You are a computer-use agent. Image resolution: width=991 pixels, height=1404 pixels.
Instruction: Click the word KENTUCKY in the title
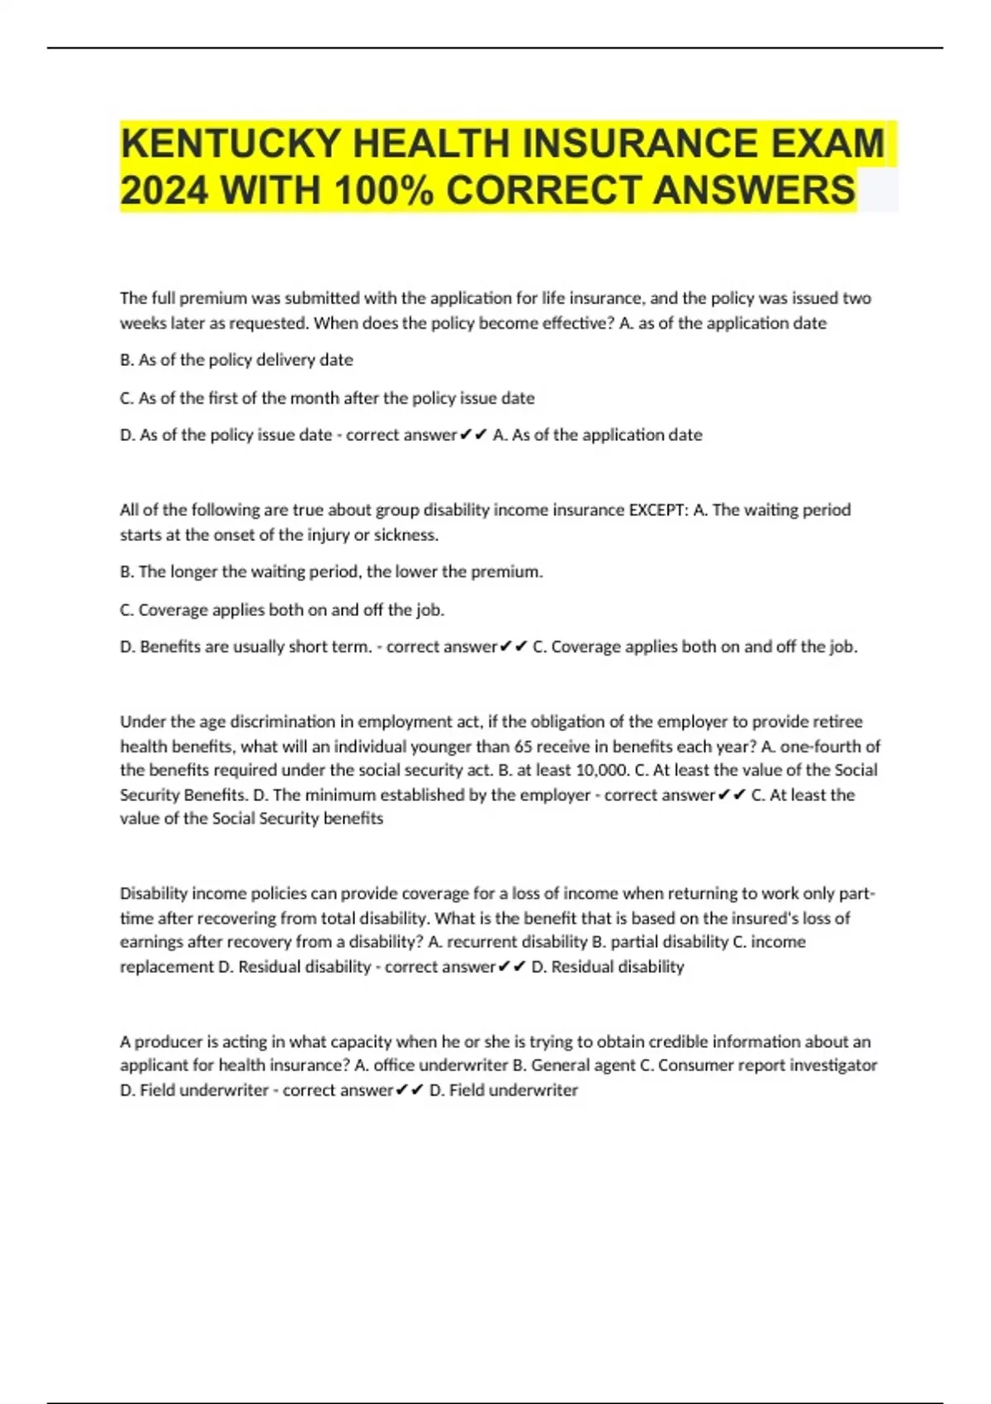(x=230, y=144)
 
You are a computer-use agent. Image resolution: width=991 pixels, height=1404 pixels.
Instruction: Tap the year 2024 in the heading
(x=164, y=191)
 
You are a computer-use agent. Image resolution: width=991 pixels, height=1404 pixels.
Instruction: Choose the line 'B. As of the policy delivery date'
(x=236, y=360)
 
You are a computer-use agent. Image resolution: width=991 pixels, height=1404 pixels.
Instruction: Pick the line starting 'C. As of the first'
(x=327, y=398)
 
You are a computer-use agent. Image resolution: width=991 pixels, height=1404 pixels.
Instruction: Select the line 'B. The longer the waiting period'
(x=331, y=572)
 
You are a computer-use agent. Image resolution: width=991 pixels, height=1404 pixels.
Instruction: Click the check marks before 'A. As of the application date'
(x=473, y=435)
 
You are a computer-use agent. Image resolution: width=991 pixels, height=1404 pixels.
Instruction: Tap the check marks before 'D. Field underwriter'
(x=410, y=1090)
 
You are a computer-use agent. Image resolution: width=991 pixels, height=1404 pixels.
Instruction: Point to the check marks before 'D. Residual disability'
(x=512, y=966)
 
